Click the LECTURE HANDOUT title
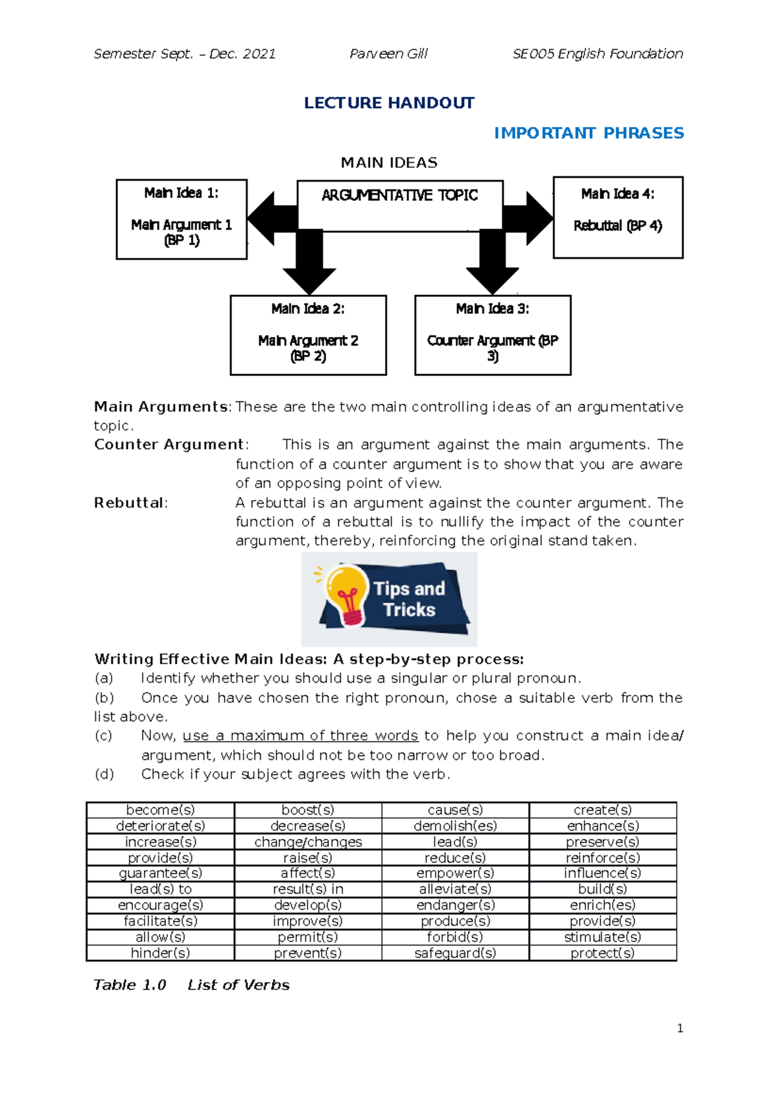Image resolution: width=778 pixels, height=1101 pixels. [x=389, y=103]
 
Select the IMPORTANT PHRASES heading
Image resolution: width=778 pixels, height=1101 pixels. [x=589, y=133]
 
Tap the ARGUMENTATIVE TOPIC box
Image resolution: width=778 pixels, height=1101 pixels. [x=400, y=205]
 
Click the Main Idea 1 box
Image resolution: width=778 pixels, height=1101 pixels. [x=182, y=219]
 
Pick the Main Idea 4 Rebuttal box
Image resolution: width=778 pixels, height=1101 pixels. [x=618, y=217]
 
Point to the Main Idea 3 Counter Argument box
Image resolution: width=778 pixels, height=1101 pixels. [x=493, y=335]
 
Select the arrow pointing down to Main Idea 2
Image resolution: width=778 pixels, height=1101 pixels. [x=309, y=263]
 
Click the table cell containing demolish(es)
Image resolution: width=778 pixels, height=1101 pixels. [x=455, y=825]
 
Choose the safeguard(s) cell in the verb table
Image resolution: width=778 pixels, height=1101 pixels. [x=455, y=953]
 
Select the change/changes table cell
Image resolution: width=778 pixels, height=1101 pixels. [x=308, y=842]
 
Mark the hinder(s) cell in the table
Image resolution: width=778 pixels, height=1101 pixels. [x=160, y=953]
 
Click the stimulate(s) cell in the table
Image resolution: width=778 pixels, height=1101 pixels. [x=602, y=937]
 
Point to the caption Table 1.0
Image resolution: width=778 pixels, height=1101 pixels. [x=130, y=985]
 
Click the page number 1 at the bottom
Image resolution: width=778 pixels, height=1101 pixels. [x=679, y=1028]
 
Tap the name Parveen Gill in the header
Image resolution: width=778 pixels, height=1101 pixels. [x=388, y=54]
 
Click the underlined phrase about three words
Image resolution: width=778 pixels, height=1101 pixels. [x=300, y=736]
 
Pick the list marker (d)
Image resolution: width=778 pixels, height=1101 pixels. [x=104, y=774]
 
